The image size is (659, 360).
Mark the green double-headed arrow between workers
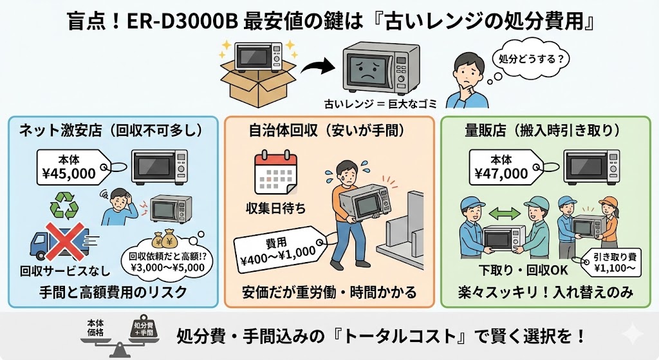tap(506, 211)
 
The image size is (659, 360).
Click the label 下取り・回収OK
tap(514, 267)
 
